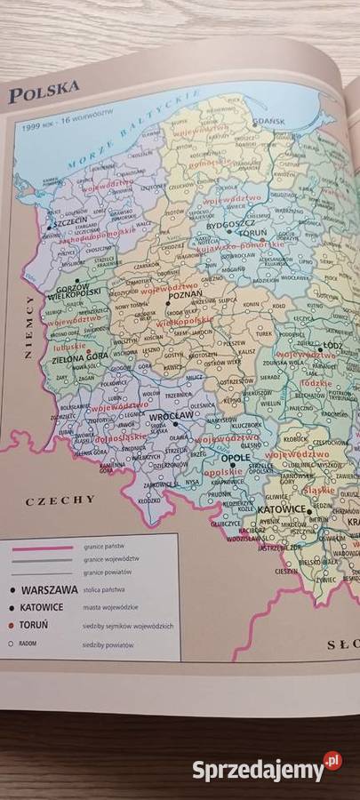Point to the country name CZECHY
click(60, 500)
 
